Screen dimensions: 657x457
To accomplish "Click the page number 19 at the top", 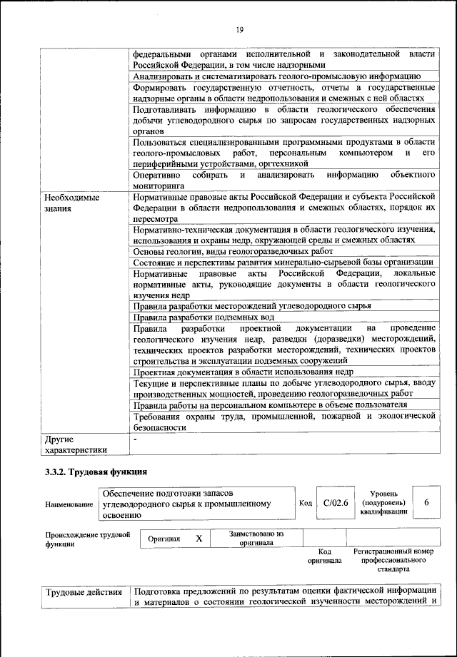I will click(238, 29).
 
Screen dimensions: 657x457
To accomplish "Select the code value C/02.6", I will click(335, 503).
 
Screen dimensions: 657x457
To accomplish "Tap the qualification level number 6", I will click(426, 503).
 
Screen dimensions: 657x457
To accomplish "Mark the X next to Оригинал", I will click(199, 539).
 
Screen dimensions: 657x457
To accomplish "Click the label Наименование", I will click(69, 504).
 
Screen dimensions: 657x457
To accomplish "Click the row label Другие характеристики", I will click(75, 444).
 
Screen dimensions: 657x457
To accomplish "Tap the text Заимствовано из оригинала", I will click(256, 538).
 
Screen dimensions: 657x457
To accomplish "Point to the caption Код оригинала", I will click(325, 556).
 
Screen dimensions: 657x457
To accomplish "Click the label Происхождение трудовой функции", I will click(86, 539).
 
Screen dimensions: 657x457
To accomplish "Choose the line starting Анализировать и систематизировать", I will click(276, 76).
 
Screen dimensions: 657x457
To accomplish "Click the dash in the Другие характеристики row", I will click(135, 439).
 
